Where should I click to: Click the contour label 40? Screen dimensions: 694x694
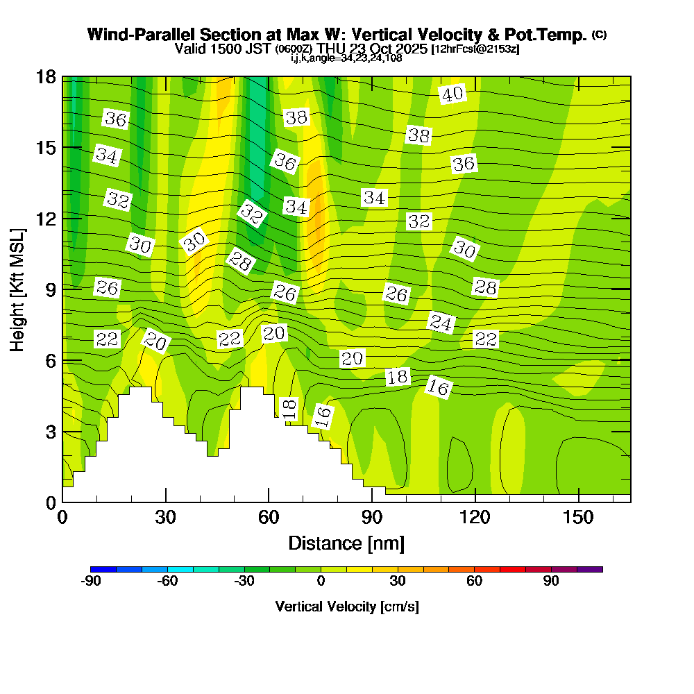[452, 94]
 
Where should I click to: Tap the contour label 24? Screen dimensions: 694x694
[441, 322]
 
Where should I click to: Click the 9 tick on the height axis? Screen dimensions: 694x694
[50, 289]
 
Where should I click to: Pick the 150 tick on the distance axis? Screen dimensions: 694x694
[578, 518]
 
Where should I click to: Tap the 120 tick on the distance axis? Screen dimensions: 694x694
[475, 518]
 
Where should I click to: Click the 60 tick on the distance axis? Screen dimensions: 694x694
[269, 518]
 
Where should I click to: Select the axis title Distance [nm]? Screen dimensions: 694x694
[346, 543]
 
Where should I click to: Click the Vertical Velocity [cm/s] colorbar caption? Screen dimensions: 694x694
[346, 607]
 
